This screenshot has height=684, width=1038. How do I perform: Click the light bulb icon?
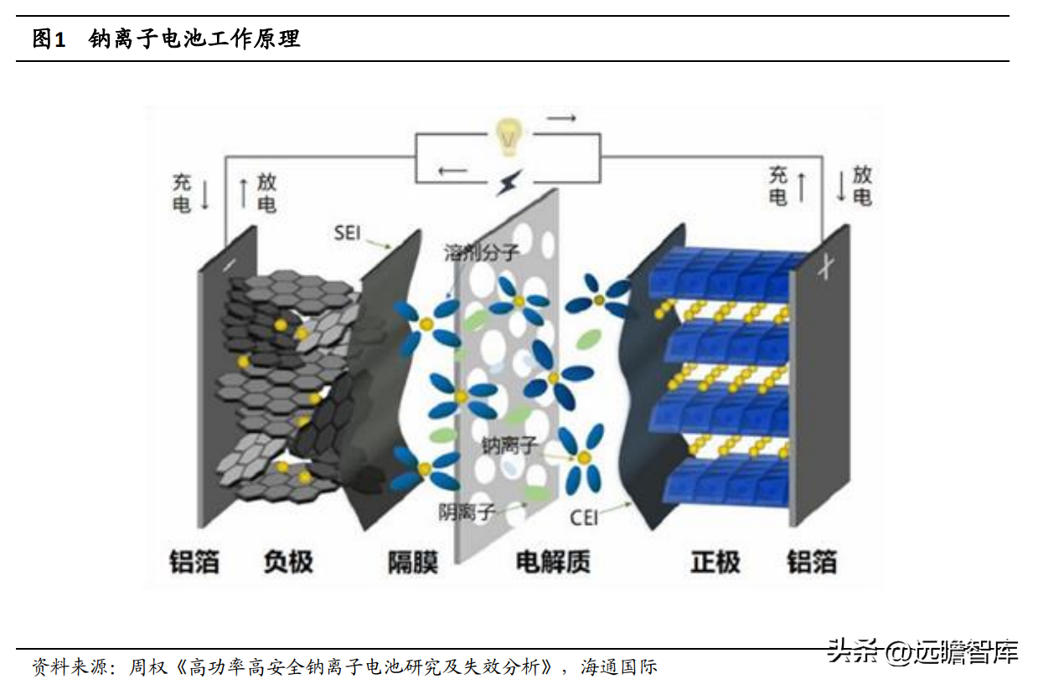(x=507, y=136)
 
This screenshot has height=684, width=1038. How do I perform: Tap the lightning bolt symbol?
(x=508, y=182)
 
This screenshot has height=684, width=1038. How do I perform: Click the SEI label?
(x=347, y=232)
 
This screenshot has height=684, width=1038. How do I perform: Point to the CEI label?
(x=584, y=517)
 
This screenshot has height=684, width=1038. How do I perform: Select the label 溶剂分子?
(x=482, y=252)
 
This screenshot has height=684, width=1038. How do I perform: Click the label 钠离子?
(x=508, y=445)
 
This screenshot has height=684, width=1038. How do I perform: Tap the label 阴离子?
(x=467, y=511)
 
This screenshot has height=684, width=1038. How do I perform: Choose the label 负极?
(x=287, y=561)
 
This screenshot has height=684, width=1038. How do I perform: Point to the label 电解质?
(x=553, y=561)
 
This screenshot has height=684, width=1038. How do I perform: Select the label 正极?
(x=715, y=561)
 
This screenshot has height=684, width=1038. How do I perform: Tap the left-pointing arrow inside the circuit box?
(x=453, y=172)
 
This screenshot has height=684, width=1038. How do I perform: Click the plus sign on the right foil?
(x=825, y=270)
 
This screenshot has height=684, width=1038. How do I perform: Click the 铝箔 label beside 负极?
(x=194, y=561)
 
